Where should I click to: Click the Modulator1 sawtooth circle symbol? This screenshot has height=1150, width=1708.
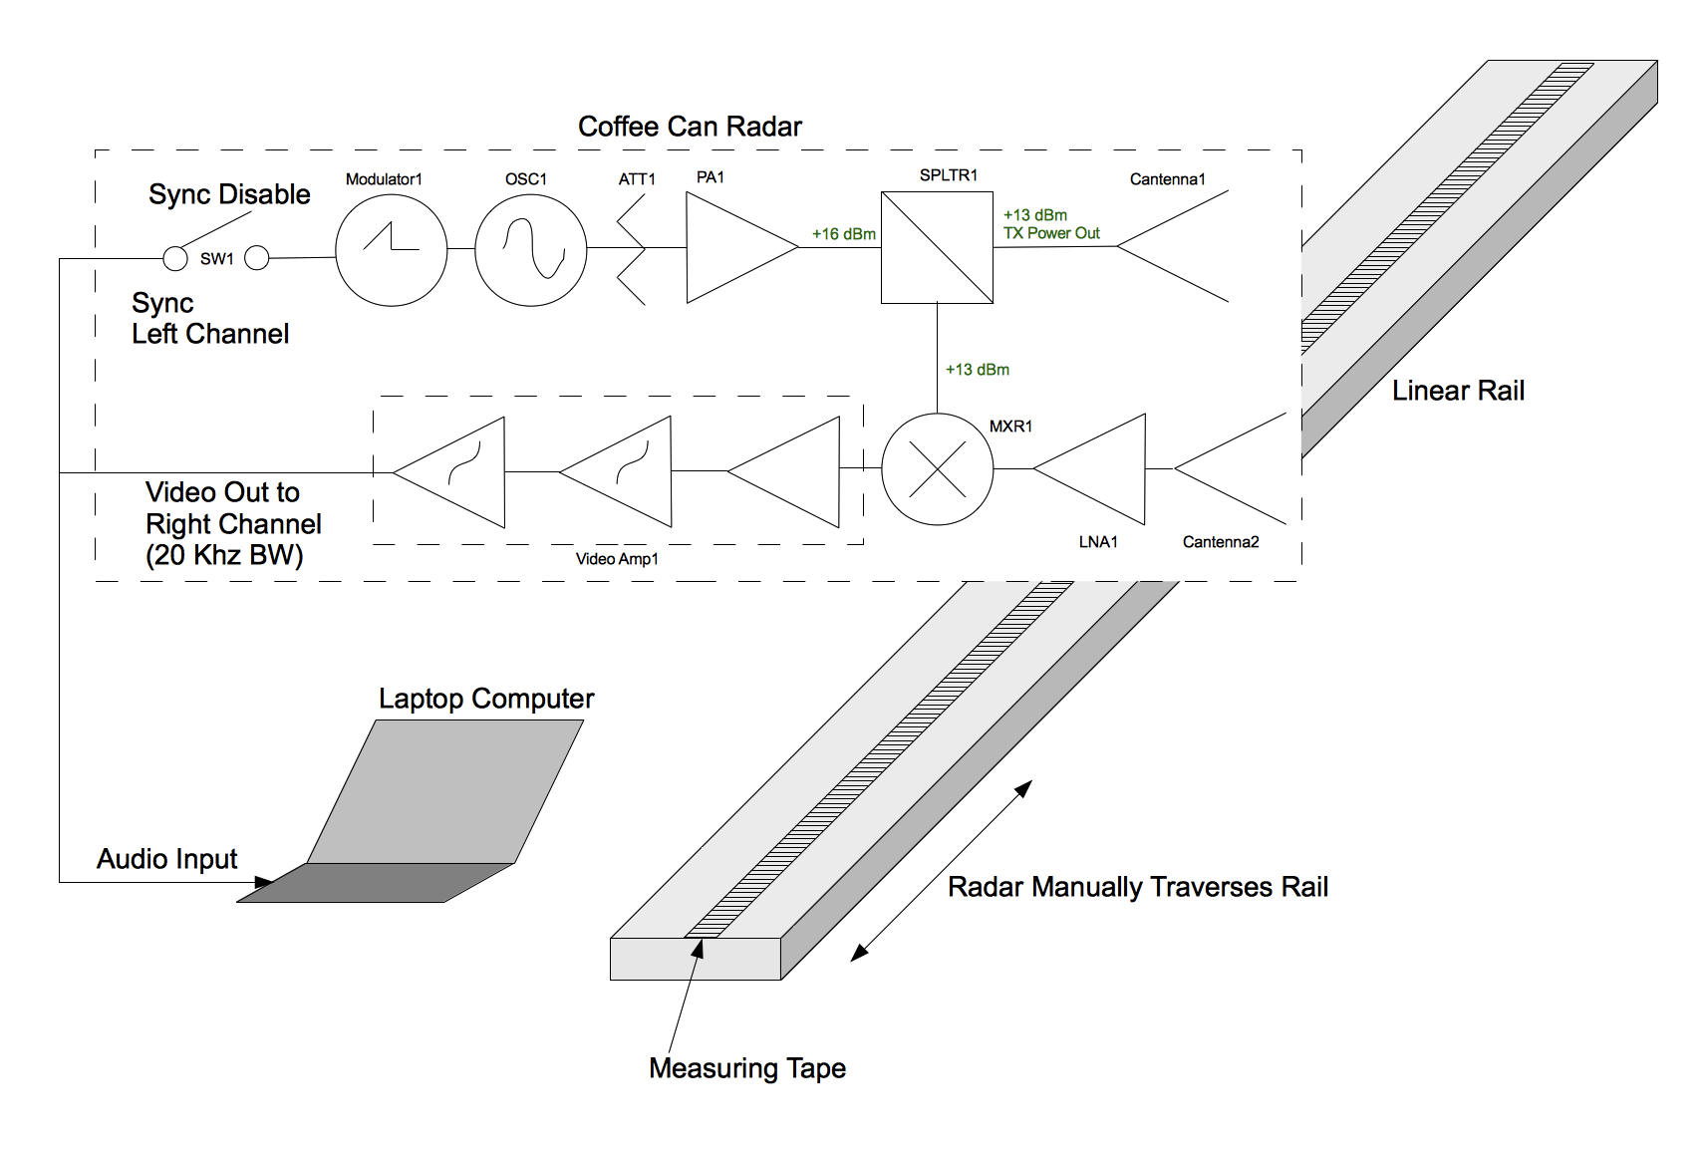tap(391, 250)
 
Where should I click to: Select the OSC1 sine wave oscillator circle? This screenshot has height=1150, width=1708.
tap(531, 250)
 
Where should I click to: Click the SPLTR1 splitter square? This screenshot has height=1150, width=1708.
tap(937, 247)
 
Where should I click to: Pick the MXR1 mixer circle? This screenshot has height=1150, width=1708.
tap(937, 468)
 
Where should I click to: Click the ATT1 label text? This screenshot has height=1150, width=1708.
tap(637, 179)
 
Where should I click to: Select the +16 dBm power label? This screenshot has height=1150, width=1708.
tap(843, 234)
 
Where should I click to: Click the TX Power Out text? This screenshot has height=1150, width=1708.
tap(1051, 233)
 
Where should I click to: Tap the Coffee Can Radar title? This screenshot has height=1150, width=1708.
tap(690, 127)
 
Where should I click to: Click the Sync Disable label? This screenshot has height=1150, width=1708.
tap(229, 194)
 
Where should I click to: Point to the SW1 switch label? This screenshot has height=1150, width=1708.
tap(216, 259)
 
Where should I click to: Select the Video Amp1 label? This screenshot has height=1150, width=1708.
tap(617, 559)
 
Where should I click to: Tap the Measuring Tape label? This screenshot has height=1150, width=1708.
tap(747, 1068)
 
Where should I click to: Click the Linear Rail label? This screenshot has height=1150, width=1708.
tap(1458, 391)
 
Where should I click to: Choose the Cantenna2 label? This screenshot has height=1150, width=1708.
tap(1221, 542)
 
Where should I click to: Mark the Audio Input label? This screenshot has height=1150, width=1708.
tap(166, 859)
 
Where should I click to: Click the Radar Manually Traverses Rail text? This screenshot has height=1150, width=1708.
tap(1137, 887)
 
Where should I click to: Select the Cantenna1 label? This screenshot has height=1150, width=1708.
tap(1167, 179)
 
